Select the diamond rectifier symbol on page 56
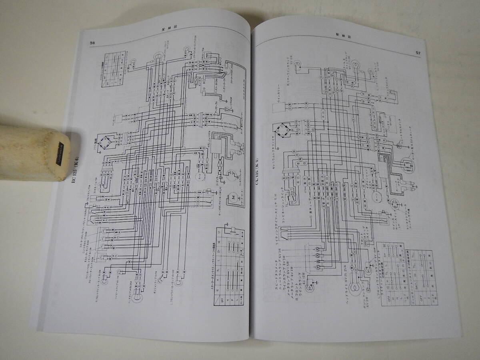click(106, 142)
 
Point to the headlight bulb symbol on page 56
click(137, 297)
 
